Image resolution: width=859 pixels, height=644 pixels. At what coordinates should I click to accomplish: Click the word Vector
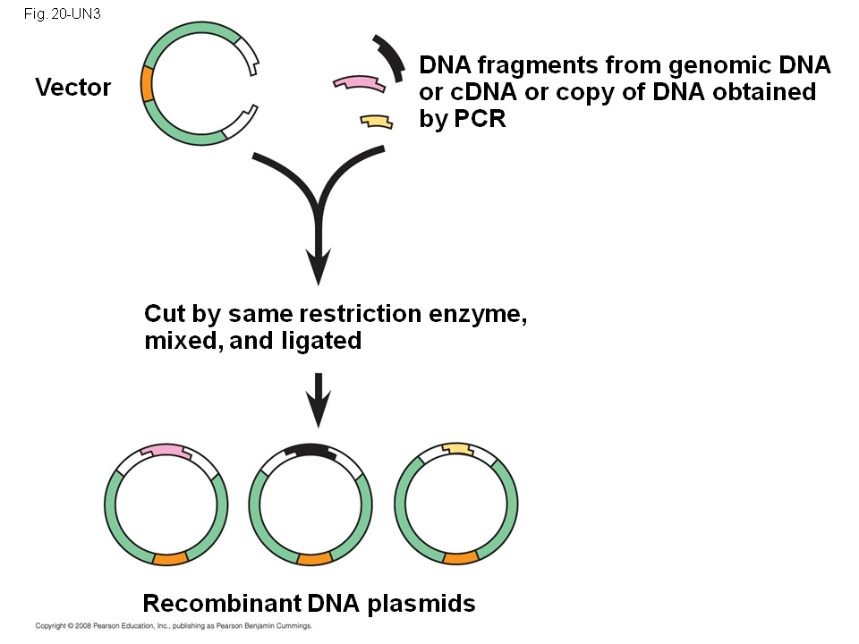[73, 88]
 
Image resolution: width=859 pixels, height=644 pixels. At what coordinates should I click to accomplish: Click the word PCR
[480, 119]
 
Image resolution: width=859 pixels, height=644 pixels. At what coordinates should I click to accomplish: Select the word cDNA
[479, 92]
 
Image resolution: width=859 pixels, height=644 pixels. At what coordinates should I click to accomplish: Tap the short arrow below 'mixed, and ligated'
[319, 402]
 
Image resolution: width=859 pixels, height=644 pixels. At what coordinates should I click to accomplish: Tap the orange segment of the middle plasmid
[313, 559]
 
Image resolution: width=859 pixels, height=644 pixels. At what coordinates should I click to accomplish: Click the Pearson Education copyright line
[173, 627]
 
